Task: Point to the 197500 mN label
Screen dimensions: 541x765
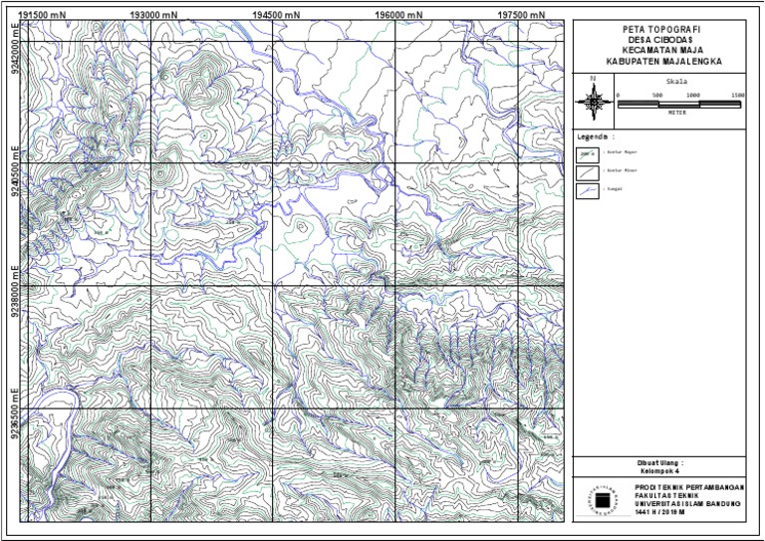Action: pos(521,15)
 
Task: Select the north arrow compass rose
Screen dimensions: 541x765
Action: pos(594,100)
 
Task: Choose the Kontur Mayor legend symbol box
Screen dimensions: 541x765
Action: pos(588,154)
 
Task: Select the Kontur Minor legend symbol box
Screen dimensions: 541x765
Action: pos(588,171)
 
